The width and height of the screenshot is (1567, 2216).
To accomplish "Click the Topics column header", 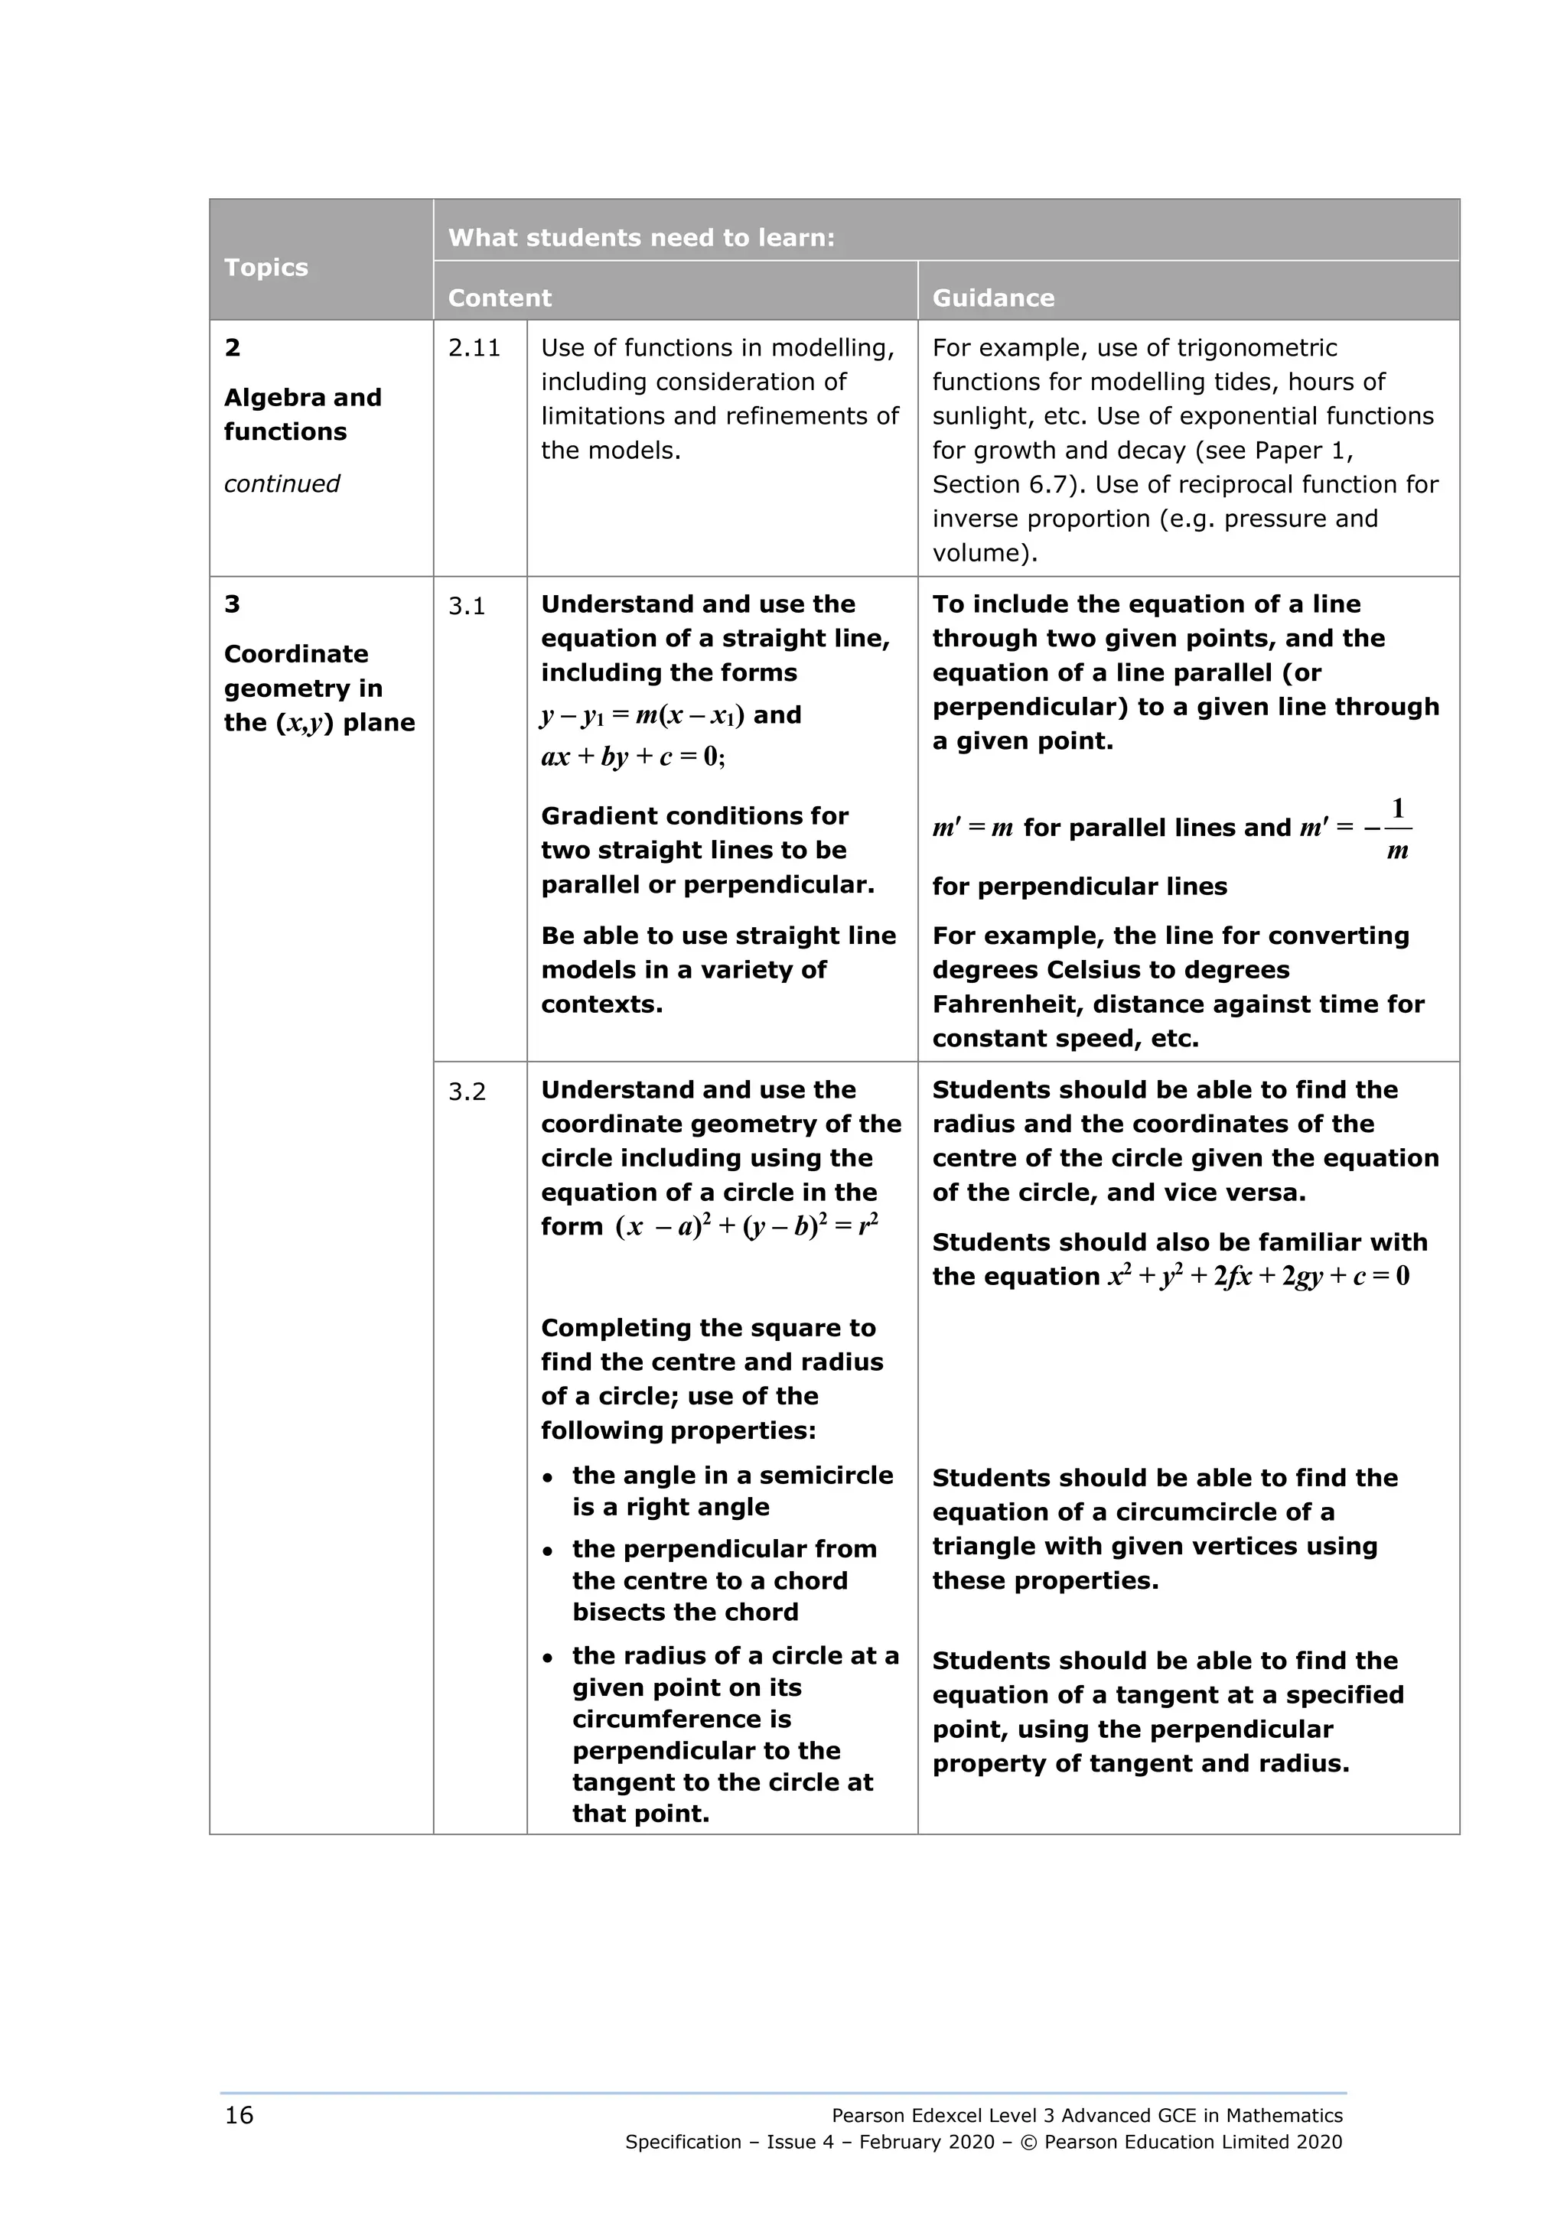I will [266, 268].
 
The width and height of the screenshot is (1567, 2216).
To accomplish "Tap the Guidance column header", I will [992, 298].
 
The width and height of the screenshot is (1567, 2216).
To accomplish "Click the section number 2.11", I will [474, 348].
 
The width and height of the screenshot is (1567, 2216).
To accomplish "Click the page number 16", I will [239, 2115].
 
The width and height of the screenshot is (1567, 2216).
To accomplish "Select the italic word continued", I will [282, 483].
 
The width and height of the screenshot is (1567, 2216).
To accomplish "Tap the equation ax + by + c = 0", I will [633, 757].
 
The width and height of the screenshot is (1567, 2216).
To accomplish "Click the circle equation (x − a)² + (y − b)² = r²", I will [746, 1227].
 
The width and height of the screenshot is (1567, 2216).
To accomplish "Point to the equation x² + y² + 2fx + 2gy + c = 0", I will [1258, 1277].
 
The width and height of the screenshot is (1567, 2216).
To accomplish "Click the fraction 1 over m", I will [1396, 829].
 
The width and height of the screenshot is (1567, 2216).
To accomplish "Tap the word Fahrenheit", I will [1008, 1004].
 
